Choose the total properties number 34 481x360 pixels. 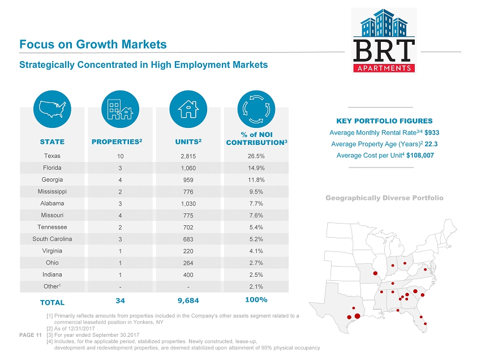pos(120,299)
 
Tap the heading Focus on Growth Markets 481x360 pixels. pos(93,44)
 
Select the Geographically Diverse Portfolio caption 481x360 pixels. pos(384,198)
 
